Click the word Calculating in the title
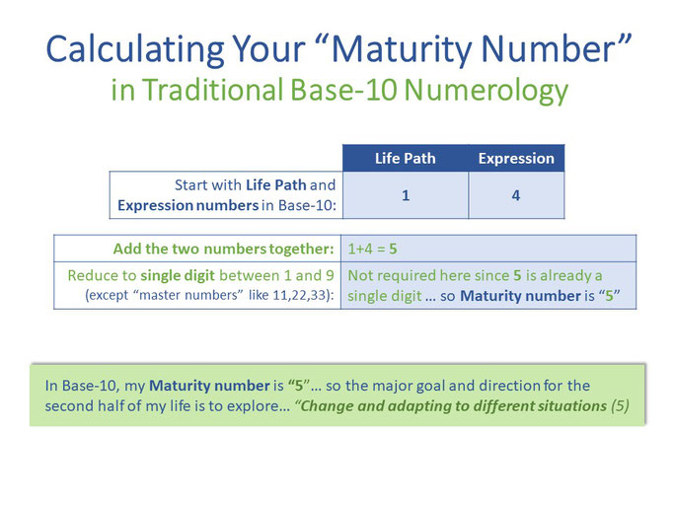pyautogui.click(x=135, y=50)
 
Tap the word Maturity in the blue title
pyautogui.click(x=402, y=50)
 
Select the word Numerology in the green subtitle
pyautogui.click(x=487, y=91)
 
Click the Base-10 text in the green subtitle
pyautogui.click(x=343, y=90)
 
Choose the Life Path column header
pyautogui.click(x=406, y=158)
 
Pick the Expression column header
pyautogui.click(x=516, y=158)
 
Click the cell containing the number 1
pyautogui.click(x=406, y=195)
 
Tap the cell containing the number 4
pyautogui.click(x=516, y=195)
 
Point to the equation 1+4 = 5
pyautogui.click(x=372, y=249)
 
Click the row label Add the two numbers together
pyautogui.click(x=224, y=249)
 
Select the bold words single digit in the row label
pyautogui.click(x=178, y=275)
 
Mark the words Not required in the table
pyautogui.click(x=387, y=275)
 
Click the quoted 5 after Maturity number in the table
pyautogui.click(x=609, y=296)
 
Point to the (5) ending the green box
pyautogui.click(x=620, y=405)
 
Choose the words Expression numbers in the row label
pyautogui.click(x=187, y=205)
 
